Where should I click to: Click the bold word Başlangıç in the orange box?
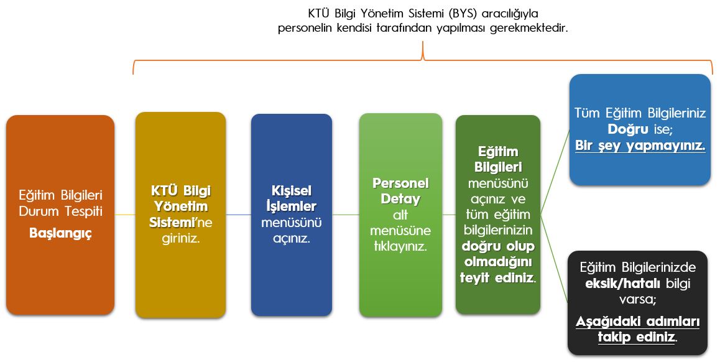click(x=60, y=233)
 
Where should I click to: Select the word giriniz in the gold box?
click(x=180, y=239)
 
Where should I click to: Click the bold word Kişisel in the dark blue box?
click(x=291, y=191)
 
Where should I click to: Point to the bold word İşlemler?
click(x=291, y=207)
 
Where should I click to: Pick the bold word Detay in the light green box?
click(x=400, y=199)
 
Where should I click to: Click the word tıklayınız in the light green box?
click(x=400, y=246)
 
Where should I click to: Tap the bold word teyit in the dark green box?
click(x=474, y=277)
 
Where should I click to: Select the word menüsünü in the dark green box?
click(x=498, y=183)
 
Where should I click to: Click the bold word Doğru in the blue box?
click(x=628, y=129)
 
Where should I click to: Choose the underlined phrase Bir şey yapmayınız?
click(x=640, y=146)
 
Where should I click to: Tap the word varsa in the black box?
click(x=637, y=300)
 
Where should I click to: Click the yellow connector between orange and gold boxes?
click(x=125, y=215)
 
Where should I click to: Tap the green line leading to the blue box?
click(x=555, y=172)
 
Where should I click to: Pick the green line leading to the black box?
click(x=555, y=259)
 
